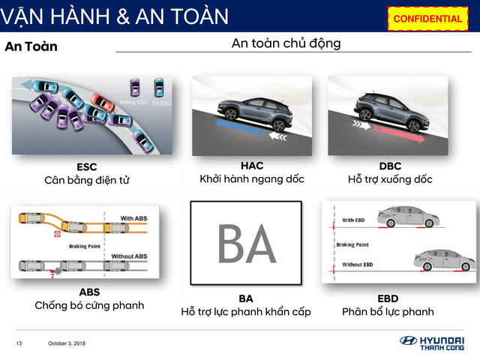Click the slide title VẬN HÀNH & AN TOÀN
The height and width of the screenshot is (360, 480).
click(114, 16)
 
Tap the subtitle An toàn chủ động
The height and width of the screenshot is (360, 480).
click(286, 43)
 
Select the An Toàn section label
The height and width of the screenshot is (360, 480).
click(31, 46)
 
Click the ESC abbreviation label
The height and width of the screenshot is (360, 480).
click(87, 166)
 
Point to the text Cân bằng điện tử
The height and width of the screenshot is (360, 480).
click(87, 180)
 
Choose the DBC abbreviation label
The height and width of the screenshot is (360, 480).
click(390, 165)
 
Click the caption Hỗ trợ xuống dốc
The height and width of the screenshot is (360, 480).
click(390, 179)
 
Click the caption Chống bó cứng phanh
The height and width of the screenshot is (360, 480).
click(89, 305)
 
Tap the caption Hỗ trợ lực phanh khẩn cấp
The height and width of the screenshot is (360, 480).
click(246, 311)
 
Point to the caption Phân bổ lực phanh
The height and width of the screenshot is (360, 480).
click(388, 311)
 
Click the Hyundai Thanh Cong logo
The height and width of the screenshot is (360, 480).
click(434, 343)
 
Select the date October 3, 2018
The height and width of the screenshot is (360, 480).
click(68, 343)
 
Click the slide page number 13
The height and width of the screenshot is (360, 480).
click(19, 343)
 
